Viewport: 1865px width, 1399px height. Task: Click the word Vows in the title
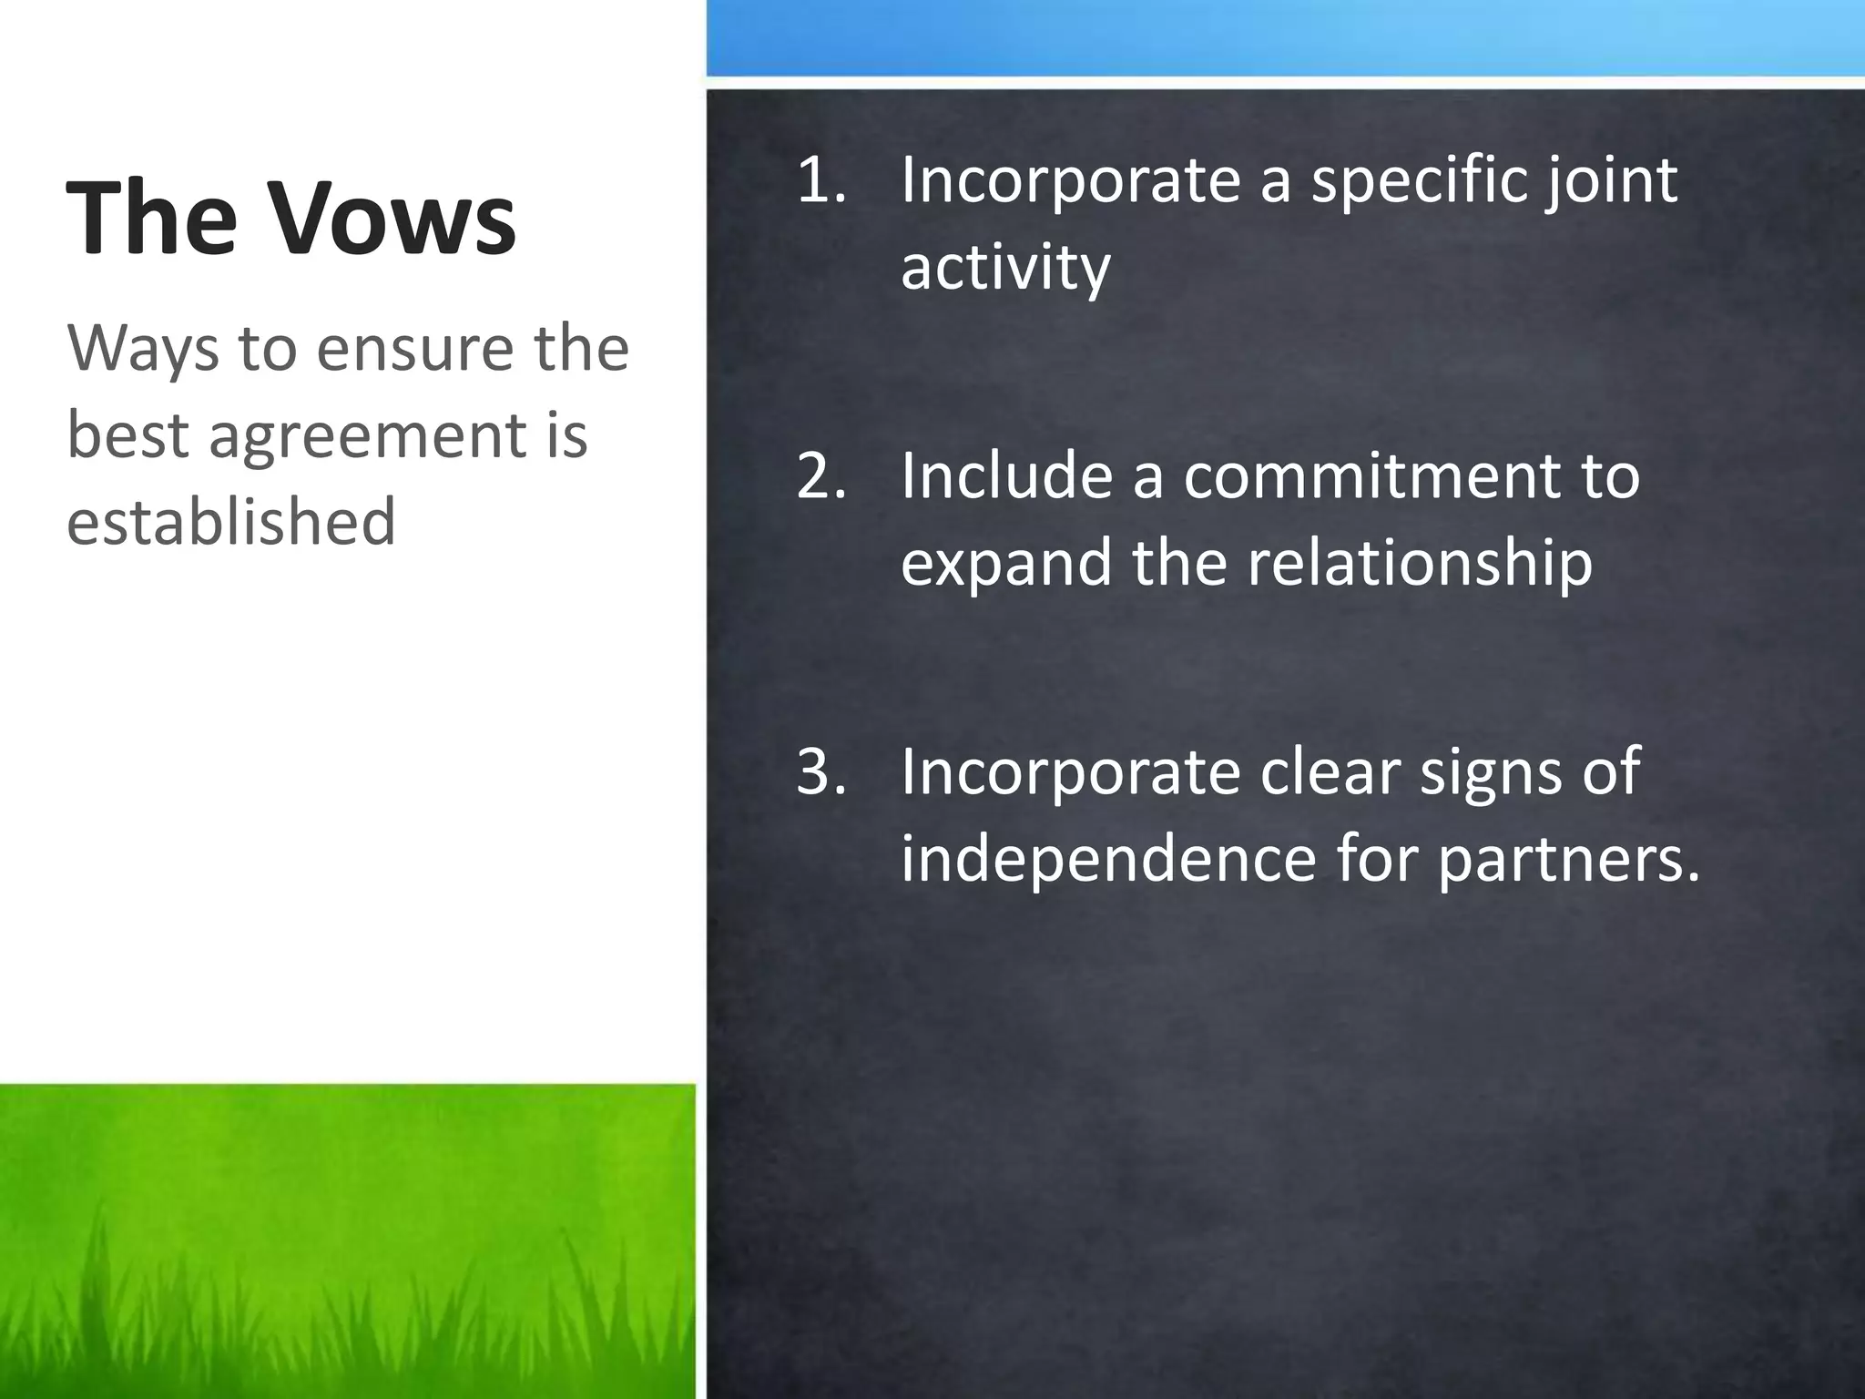[394, 219]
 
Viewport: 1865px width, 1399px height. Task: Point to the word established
[231, 521]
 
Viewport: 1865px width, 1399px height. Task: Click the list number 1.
[820, 180]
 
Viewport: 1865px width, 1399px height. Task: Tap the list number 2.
[820, 475]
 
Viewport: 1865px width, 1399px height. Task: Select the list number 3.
[820, 771]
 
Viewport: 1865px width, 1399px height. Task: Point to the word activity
[1005, 268]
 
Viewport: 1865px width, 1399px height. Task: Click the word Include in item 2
[1006, 475]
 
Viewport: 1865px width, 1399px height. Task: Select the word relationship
[1420, 563]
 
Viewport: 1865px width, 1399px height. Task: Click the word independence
[1108, 858]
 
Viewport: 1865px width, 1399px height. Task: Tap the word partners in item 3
[1567, 860]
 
